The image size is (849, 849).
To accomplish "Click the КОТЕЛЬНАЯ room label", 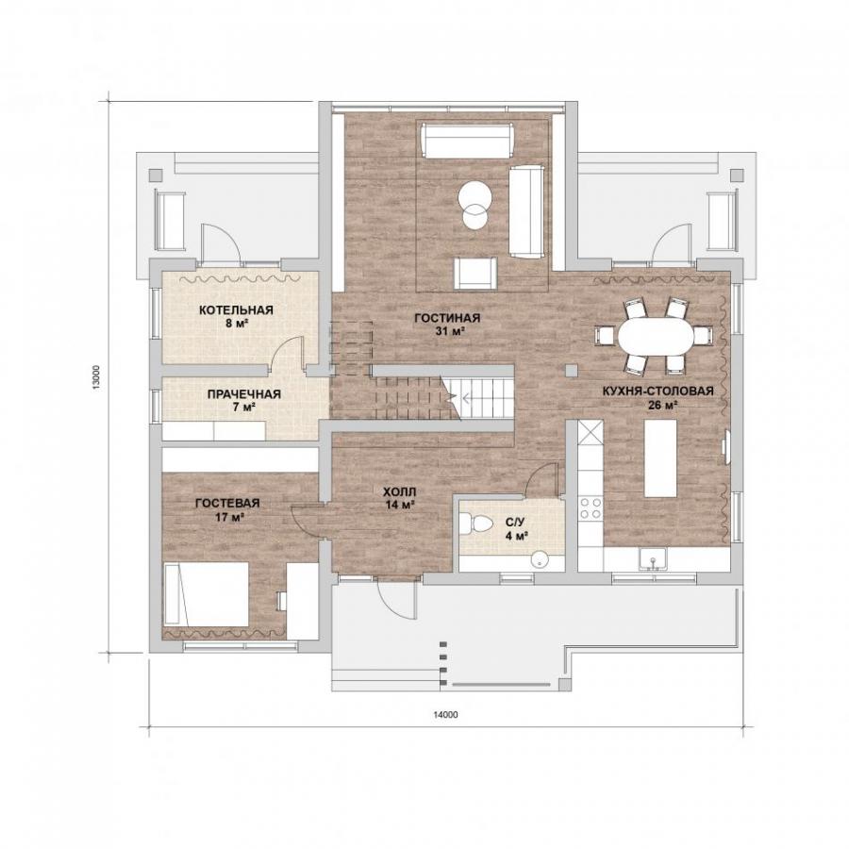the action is pyautogui.click(x=236, y=310).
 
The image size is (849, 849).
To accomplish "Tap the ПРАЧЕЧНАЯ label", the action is pyautogui.click(x=243, y=394).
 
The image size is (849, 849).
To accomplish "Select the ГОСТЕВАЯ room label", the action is pyautogui.click(x=227, y=503).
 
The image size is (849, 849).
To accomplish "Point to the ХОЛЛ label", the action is pyautogui.click(x=400, y=492).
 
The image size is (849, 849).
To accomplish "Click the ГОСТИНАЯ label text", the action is pyautogui.click(x=447, y=318).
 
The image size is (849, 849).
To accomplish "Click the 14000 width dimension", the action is pyautogui.click(x=445, y=714).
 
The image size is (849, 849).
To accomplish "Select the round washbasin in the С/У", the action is pyautogui.click(x=540, y=559).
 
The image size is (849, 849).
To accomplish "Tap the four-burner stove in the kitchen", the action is pyautogui.click(x=591, y=508).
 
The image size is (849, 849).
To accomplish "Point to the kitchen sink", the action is pyautogui.click(x=653, y=558).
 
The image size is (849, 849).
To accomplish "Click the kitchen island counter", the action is pyautogui.click(x=660, y=458).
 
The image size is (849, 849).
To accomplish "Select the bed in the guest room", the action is pyautogui.click(x=206, y=593).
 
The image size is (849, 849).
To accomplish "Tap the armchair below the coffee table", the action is pyautogui.click(x=475, y=274).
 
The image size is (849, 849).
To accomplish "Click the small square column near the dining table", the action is pyautogui.click(x=572, y=371).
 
